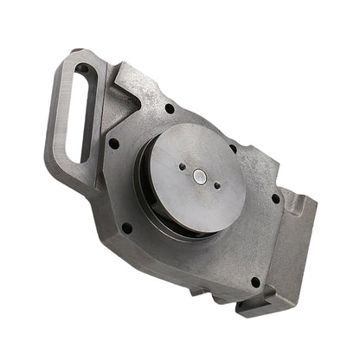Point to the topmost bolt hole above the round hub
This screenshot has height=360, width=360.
(170, 109)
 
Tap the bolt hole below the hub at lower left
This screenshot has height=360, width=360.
(128, 228)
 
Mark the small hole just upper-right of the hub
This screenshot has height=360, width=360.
(233, 148)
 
